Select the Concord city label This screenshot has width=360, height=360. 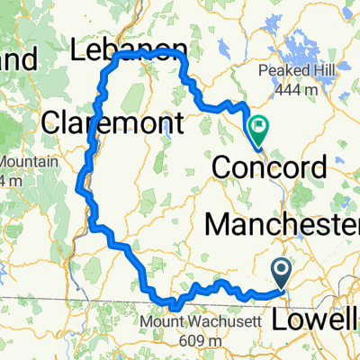tap(269, 167)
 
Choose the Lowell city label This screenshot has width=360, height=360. tap(325, 296)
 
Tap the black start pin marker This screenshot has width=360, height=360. tap(281, 268)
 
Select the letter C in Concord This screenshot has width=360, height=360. tap(222, 167)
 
